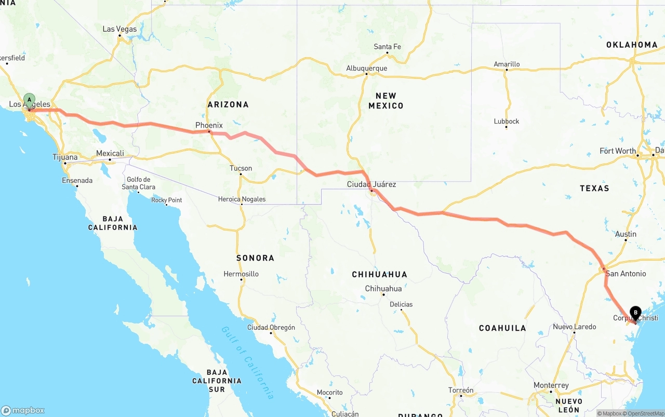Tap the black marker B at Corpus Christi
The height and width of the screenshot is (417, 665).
pyautogui.click(x=635, y=313)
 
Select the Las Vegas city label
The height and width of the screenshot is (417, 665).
pyautogui.click(x=119, y=29)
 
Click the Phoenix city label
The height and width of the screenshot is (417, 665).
pyautogui.click(x=209, y=125)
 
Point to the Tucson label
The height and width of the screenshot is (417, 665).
pyautogui.click(x=241, y=168)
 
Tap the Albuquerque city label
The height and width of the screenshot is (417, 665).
pyautogui.click(x=367, y=69)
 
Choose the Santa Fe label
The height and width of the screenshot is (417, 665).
pyautogui.click(x=387, y=47)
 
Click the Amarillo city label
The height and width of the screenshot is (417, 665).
pyautogui.click(x=507, y=64)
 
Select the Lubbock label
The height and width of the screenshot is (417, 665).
pyautogui.click(x=507, y=122)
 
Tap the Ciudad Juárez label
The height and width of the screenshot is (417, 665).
pyautogui.click(x=371, y=184)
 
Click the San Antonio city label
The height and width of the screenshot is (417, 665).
pyautogui.click(x=626, y=274)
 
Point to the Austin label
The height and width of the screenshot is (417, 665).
pyautogui.click(x=626, y=234)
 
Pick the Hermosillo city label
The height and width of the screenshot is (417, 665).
pyautogui.click(x=241, y=274)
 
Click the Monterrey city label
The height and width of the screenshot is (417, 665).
pyautogui.click(x=551, y=385)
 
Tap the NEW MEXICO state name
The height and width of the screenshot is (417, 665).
pyautogui.click(x=386, y=101)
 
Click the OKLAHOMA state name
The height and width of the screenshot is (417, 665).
pyautogui.click(x=632, y=45)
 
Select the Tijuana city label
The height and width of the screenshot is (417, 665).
pyautogui.click(x=65, y=157)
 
